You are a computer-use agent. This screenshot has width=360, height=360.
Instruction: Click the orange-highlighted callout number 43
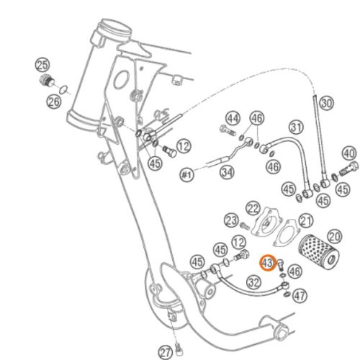coord(268,263)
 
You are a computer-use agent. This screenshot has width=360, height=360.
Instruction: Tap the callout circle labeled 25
coord(42,65)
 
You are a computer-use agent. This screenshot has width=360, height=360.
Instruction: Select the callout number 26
coord(53,102)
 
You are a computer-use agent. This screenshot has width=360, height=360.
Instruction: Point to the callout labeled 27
coord(166,353)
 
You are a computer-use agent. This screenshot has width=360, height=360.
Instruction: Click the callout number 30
coord(327,103)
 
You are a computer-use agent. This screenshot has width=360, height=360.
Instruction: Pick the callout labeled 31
coord(296,127)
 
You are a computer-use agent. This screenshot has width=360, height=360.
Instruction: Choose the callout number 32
coord(254,282)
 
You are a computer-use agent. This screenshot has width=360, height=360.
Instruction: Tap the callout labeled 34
coord(227,172)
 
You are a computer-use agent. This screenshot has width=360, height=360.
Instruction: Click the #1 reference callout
coord(186,174)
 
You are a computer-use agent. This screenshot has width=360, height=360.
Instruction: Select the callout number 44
coord(233,119)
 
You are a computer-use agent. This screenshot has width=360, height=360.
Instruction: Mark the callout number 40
coord(349,153)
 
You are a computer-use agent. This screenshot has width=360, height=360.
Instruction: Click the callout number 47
coord(300,296)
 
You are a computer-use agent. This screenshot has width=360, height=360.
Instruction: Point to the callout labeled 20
coord(334,237)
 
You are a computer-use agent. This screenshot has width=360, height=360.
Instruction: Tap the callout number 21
coord(306,221)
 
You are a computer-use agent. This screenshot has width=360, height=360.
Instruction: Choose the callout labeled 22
coord(253,209)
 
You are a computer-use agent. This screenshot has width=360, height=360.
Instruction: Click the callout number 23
coord(231,220)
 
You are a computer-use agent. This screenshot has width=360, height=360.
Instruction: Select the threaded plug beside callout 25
coord(48,81)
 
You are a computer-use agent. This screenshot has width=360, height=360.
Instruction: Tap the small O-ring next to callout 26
coord(63,90)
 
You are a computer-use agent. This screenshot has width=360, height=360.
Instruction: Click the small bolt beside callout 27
coord(179,349)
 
